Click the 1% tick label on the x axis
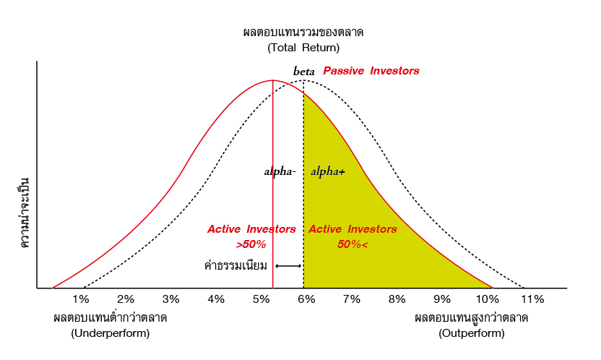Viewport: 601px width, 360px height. [x=80, y=299]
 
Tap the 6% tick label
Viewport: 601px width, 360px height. [x=306, y=299]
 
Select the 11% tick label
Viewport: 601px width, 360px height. [x=532, y=299]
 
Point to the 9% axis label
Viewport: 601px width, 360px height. [x=442, y=299]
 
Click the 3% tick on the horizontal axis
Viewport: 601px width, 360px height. [x=171, y=299]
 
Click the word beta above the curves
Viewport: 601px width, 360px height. [x=304, y=72]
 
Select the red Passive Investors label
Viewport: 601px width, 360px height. [x=371, y=71]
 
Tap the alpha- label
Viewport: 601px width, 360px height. [x=280, y=171]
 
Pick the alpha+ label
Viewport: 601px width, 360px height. [x=328, y=171]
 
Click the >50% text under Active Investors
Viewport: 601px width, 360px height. [x=251, y=244]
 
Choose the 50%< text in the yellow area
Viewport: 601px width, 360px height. [x=353, y=244]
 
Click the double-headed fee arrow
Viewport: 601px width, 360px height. [x=288, y=266]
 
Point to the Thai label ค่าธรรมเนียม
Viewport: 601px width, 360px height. [x=235, y=265]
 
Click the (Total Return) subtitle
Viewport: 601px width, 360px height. [x=303, y=48]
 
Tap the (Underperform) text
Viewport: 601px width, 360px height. [x=111, y=333]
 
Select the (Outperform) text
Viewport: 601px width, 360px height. [x=472, y=333]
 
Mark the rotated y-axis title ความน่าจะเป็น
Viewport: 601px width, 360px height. [x=24, y=213]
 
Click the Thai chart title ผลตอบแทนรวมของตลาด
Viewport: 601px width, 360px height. [x=303, y=33]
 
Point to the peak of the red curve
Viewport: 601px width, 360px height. [x=273, y=80]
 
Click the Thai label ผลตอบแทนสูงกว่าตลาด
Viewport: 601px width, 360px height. [x=472, y=318]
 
